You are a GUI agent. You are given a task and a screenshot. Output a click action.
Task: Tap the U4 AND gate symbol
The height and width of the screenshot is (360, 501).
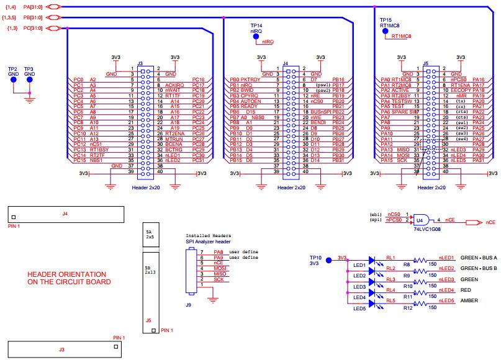click(x=421, y=219)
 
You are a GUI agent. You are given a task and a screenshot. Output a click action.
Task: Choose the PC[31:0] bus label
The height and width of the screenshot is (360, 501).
click(x=31, y=29)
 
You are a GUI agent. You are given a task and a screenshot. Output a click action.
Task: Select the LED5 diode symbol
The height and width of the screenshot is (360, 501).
click(x=372, y=302)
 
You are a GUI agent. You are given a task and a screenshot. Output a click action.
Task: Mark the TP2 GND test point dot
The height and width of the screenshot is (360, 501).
click(x=12, y=79)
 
